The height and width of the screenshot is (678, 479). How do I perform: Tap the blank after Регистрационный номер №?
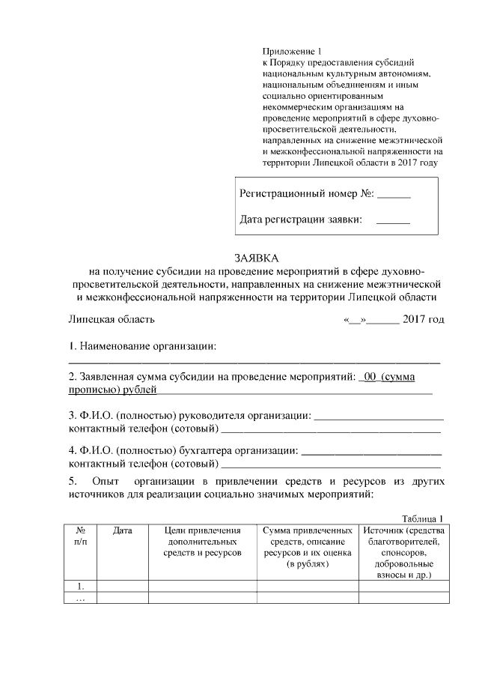[x=394, y=194]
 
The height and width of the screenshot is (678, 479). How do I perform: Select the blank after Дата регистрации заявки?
[x=394, y=220]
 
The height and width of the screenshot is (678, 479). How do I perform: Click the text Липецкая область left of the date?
[x=112, y=319]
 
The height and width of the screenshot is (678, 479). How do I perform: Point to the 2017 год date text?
[x=423, y=319]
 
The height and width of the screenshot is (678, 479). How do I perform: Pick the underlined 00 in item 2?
[x=369, y=377]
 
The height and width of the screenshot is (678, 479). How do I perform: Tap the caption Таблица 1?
[x=423, y=518]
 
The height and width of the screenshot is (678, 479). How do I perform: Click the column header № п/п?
[x=80, y=536]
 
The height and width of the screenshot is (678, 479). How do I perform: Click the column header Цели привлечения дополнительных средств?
[x=202, y=541]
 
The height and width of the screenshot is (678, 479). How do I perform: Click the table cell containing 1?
[x=80, y=586]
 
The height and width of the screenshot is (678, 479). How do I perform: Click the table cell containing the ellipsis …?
[x=80, y=598]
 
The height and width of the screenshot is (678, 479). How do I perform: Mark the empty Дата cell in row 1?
[x=123, y=586]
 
